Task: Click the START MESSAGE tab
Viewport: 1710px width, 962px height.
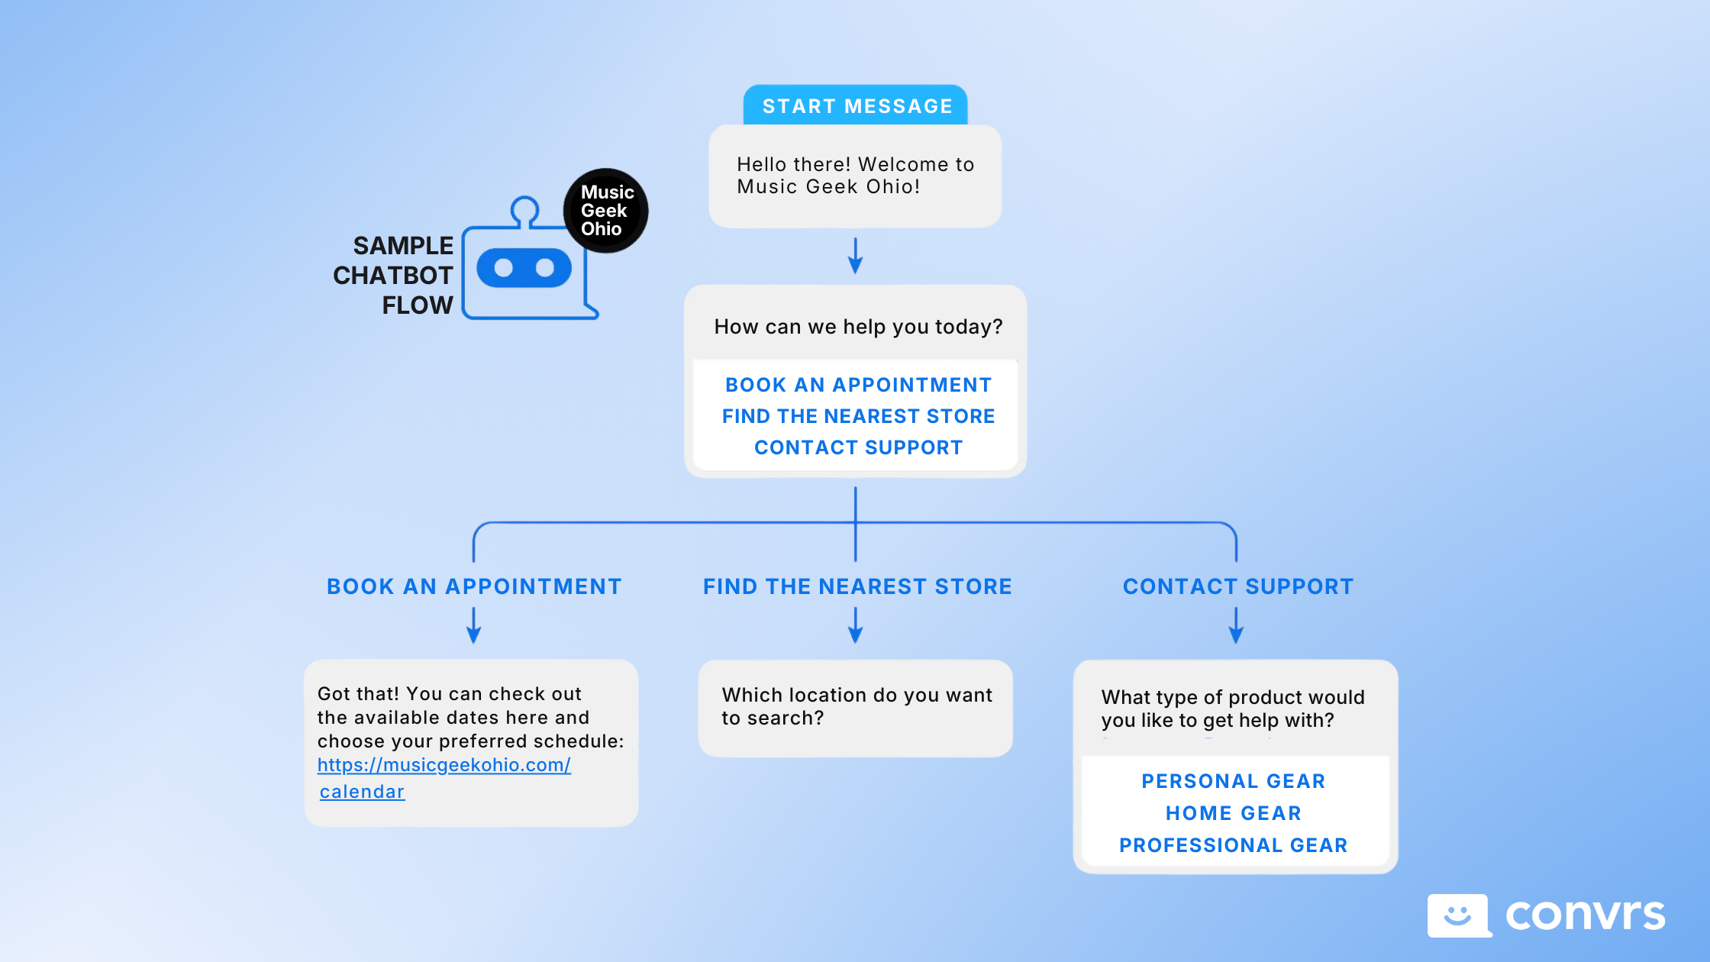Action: [x=856, y=105]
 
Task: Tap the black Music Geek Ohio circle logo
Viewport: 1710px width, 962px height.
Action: [x=605, y=211]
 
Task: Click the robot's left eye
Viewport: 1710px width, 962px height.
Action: [x=503, y=268]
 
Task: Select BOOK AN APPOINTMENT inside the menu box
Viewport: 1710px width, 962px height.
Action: [x=858, y=385]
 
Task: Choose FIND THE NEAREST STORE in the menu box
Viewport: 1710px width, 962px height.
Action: [x=858, y=416]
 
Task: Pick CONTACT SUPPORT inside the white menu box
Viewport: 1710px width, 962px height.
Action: [x=858, y=447]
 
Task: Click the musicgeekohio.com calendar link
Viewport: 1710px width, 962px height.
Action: [x=444, y=766]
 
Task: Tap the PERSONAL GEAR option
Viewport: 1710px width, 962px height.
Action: [x=1233, y=781]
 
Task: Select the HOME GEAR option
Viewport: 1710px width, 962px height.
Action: [x=1233, y=813]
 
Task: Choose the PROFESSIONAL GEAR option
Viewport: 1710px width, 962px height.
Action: [x=1233, y=845]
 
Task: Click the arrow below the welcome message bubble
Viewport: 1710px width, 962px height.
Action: [x=855, y=256]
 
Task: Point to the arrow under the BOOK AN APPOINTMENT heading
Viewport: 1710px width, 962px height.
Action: [x=473, y=625]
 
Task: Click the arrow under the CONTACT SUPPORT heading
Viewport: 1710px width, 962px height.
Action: [x=1236, y=625]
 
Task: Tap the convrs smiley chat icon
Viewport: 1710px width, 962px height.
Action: [x=1457, y=915]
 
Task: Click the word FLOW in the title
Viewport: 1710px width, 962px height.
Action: [x=417, y=305]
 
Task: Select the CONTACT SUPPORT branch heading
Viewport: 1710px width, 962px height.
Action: [x=1237, y=586]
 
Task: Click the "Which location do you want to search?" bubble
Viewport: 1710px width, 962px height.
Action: [x=855, y=708]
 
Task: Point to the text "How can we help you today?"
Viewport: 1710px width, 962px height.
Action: [x=858, y=327]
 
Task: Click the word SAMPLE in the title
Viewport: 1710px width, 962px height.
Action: [x=403, y=246]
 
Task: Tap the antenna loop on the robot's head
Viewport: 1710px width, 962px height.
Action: [x=524, y=210]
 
